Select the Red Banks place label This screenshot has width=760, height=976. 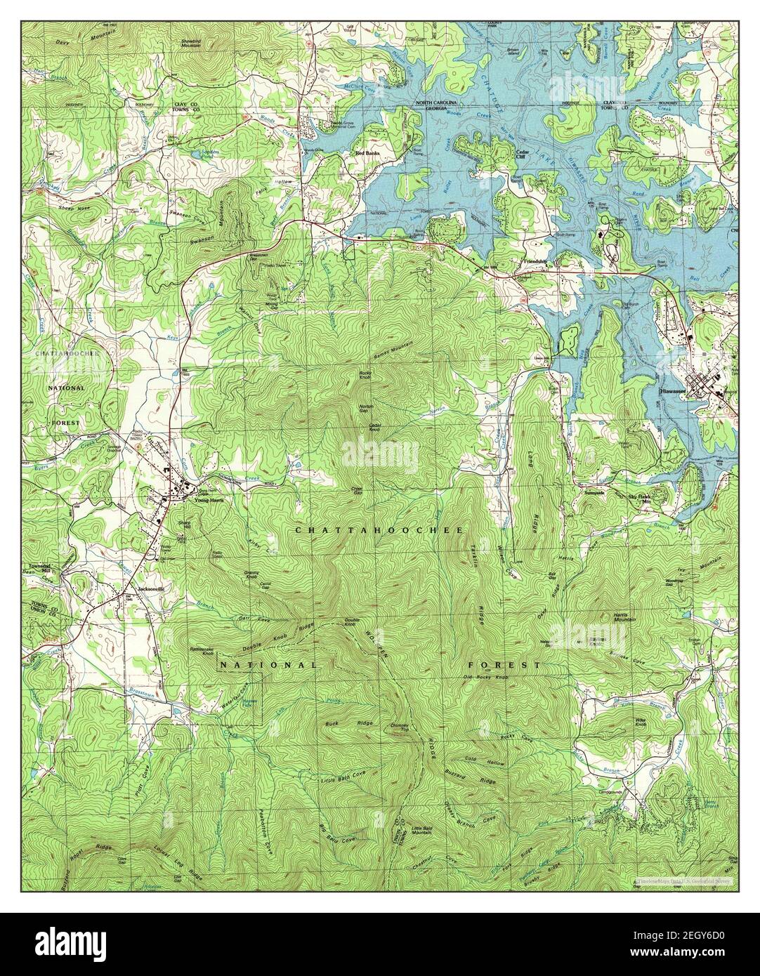pyautogui.click(x=367, y=152)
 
